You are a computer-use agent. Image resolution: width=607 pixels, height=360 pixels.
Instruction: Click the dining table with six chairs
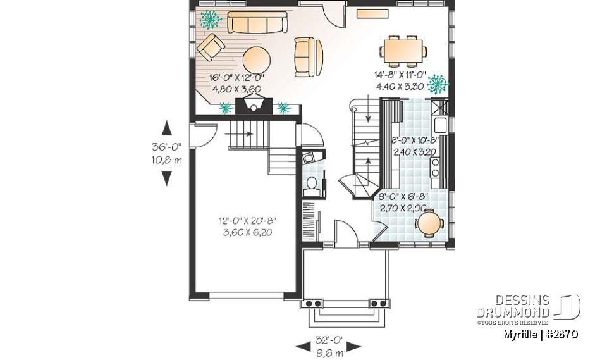[x=402, y=51]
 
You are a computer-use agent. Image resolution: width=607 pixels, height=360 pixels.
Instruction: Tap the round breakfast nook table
[x=430, y=223]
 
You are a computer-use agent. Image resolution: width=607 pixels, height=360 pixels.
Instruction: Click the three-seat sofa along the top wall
[x=257, y=23]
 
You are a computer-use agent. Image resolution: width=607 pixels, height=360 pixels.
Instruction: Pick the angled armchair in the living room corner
[x=211, y=47]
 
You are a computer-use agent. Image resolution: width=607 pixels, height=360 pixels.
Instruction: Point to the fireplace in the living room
[x=254, y=104]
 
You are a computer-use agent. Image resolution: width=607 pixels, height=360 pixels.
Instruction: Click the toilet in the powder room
[x=311, y=184]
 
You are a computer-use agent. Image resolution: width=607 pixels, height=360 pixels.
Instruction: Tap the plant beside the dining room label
[x=436, y=83]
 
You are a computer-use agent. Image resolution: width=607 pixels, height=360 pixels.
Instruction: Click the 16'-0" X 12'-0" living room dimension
[x=237, y=78]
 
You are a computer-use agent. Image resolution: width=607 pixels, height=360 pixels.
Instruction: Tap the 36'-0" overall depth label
[x=166, y=146]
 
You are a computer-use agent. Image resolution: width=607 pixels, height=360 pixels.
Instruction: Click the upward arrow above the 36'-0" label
[x=166, y=128]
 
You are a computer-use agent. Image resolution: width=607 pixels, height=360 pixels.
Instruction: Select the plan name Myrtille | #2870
[x=541, y=333]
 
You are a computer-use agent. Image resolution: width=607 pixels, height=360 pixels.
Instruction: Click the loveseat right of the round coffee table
[x=308, y=54]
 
